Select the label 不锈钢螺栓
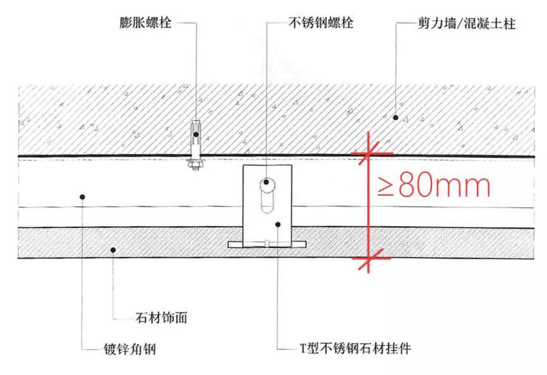[x=320, y=23]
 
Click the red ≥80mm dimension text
[x=434, y=187]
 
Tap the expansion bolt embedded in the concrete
[x=196, y=136]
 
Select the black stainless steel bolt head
[x=267, y=182]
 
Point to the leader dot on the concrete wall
[x=395, y=117]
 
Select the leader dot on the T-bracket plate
[x=279, y=223]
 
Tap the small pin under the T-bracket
[x=268, y=240]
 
